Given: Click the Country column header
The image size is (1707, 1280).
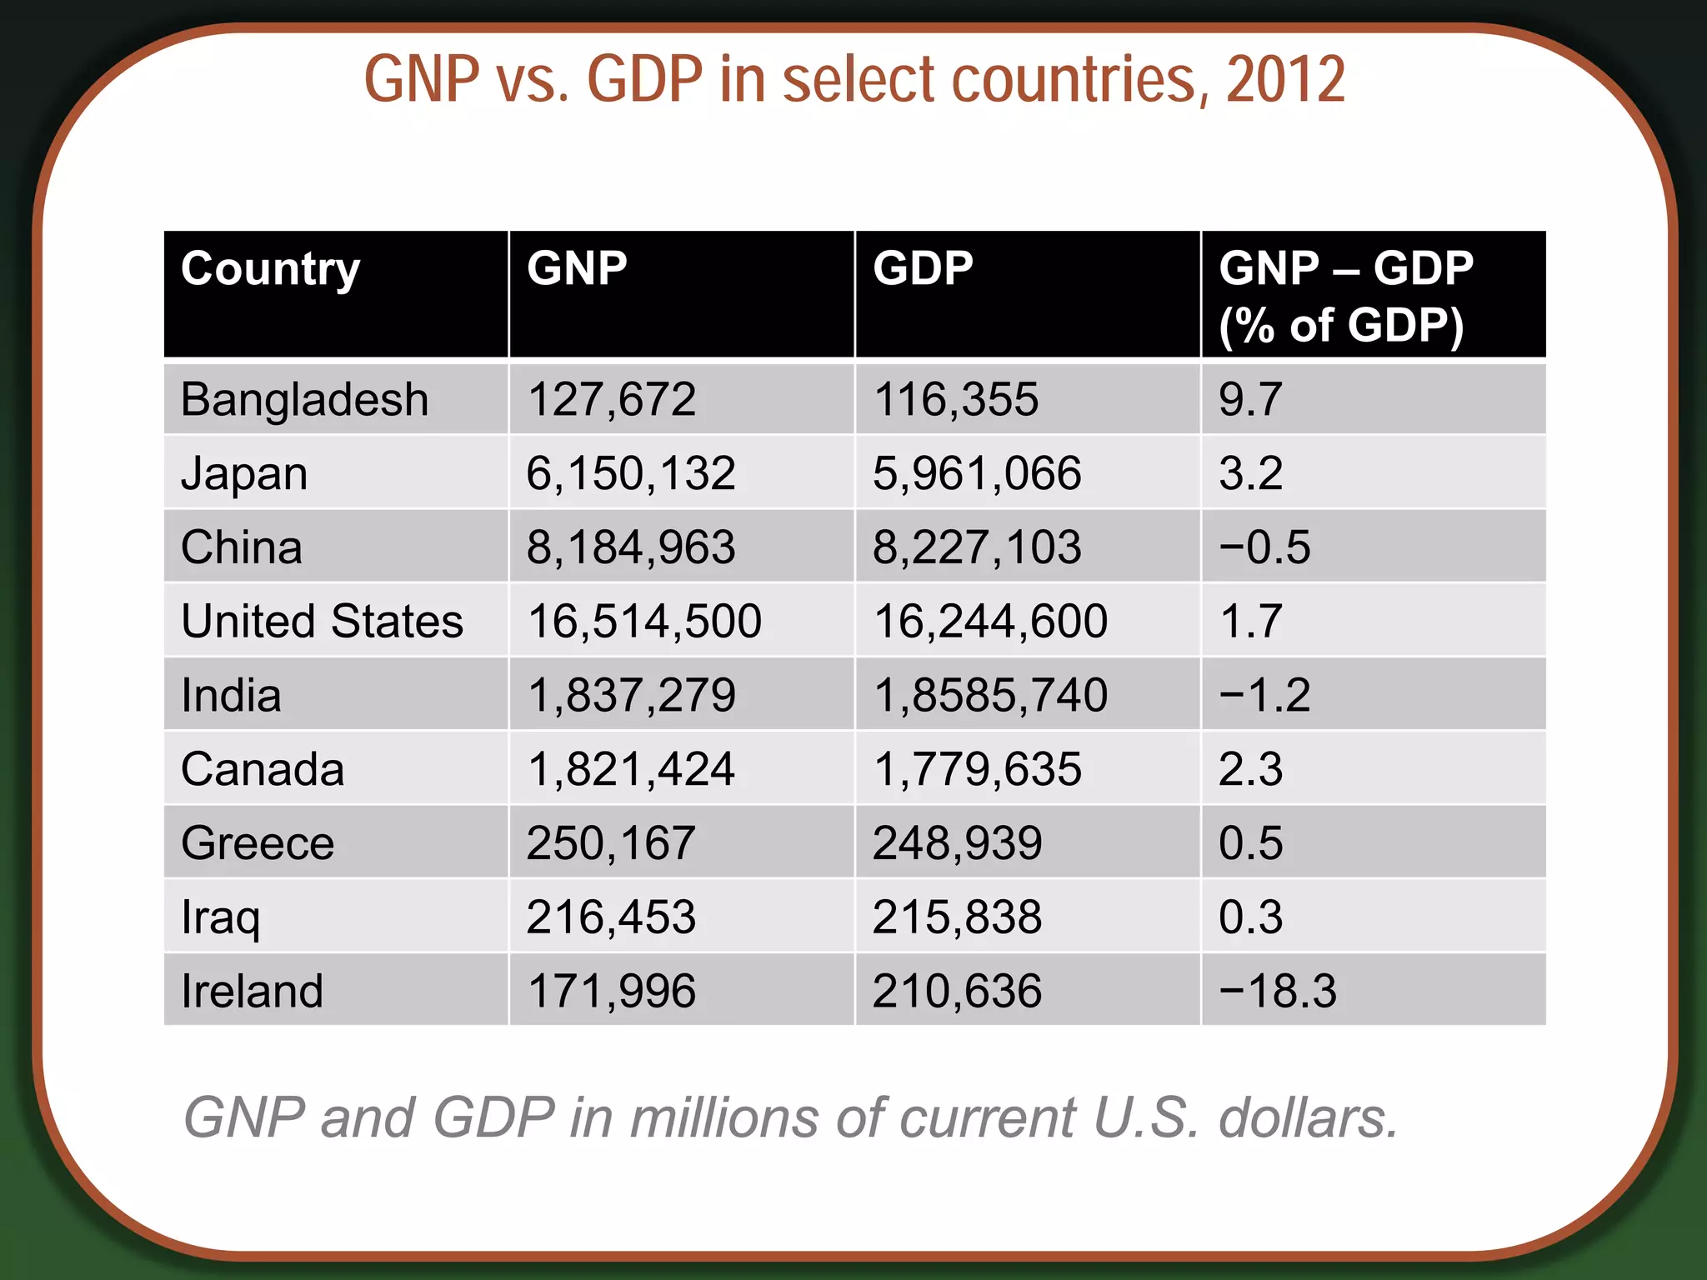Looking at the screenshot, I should pos(270,270).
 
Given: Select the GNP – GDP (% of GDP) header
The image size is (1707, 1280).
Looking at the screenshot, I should pos(1345,297).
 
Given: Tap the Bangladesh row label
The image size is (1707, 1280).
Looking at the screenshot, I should pos(304,399).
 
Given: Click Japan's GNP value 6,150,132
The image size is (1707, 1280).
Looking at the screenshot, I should pos(631,473).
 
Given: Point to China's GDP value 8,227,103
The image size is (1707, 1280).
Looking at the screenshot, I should pos(977,547).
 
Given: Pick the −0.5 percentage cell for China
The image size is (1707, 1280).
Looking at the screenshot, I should pos(1264,547).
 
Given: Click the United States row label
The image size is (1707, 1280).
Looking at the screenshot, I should pos(322,622).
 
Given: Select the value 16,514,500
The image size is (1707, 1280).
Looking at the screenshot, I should pos(644,622).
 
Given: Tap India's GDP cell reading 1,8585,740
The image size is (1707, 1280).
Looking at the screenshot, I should pos(990,695).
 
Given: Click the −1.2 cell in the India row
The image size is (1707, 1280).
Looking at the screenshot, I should pos(1264,695).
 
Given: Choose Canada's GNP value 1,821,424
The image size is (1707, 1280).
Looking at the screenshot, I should pos(631,769).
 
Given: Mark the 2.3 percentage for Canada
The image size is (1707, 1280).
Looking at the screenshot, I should pos(1250,769).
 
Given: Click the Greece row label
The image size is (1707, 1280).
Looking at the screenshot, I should pos(258,843).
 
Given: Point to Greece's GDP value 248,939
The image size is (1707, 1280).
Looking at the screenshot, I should pos(957,843).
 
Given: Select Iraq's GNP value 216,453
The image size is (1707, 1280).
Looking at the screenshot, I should pos(611,917).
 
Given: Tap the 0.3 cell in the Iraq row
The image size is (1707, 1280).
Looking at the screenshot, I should pos(1250,917).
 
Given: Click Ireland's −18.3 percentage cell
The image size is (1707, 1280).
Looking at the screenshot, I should pos(1278,991).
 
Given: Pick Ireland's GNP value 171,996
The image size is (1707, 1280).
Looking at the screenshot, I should pos(611,991).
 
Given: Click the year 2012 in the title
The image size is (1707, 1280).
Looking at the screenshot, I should pos(1285,80).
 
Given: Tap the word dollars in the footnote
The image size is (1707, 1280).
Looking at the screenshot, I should pos(1307,1117).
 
